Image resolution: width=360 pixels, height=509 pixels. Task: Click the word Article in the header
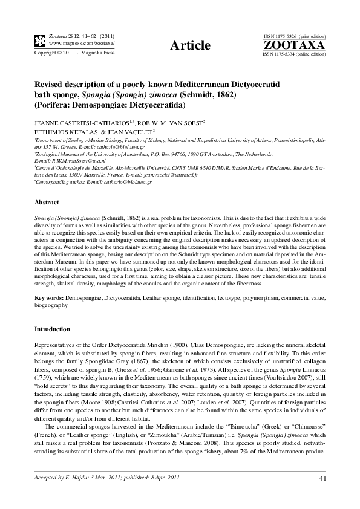(x=191, y=45)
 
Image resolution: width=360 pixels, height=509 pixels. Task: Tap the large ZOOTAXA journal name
(x=294, y=45)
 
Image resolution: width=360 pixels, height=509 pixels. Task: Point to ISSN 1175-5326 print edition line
(x=294, y=37)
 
